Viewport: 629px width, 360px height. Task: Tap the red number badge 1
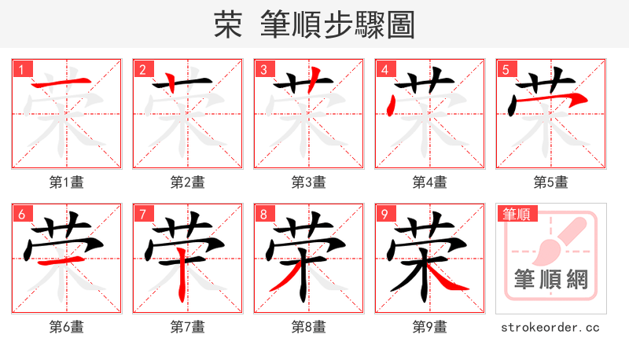point(21,70)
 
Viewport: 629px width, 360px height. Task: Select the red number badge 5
point(506,70)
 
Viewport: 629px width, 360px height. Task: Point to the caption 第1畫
point(67,182)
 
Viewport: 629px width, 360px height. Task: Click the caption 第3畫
point(309,182)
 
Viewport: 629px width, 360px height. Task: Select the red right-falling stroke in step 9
point(453,279)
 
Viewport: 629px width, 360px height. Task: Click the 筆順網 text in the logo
point(551,279)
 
